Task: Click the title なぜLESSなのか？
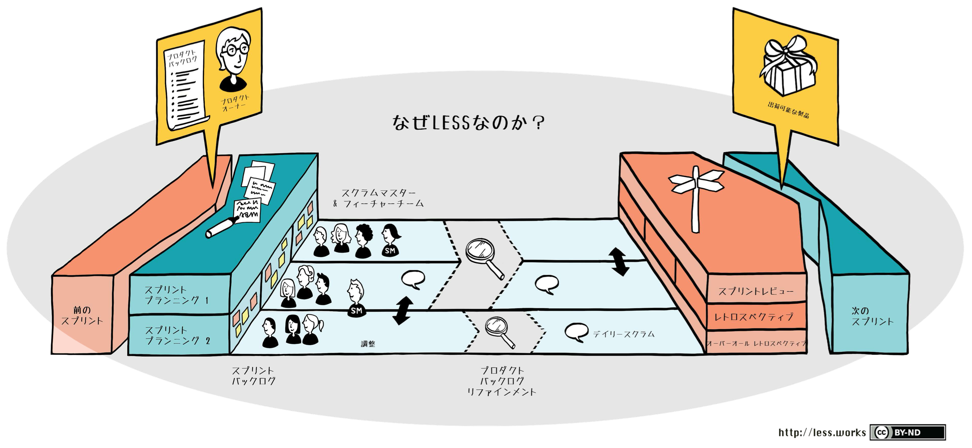point(468,122)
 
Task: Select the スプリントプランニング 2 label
point(177,335)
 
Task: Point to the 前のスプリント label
point(82,316)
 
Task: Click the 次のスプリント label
point(872,316)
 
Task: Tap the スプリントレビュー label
point(755,291)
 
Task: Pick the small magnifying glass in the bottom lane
point(499,332)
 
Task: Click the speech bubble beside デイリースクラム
point(576,332)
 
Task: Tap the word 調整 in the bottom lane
point(368,343)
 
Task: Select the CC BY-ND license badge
point(907,432)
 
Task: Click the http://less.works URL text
point(822,432)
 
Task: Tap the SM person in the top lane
point(391,240)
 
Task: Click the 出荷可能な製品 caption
point(788,110)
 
